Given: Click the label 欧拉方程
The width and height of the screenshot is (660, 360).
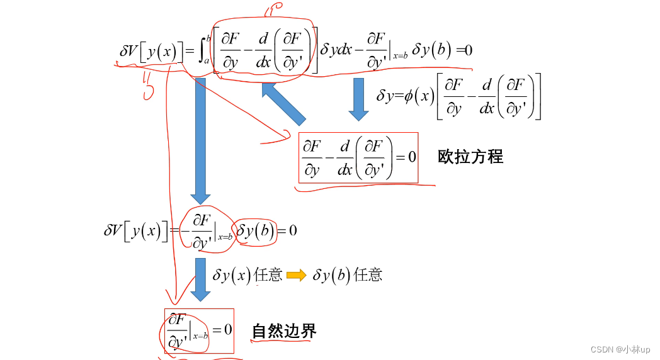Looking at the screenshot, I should [470, 157].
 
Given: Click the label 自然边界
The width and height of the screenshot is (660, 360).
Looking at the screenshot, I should [284, 330].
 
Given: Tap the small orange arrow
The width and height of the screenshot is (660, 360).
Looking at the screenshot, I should [296, 275].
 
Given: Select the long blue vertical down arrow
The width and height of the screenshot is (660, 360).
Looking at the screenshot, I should [200, 139].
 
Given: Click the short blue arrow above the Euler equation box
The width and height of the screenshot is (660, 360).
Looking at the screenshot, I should [358, 98].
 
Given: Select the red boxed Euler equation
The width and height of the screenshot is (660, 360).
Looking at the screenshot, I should [358, 157].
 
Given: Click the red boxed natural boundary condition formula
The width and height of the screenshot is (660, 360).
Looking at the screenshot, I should [199, 330].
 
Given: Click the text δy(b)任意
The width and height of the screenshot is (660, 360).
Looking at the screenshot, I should [347, 275].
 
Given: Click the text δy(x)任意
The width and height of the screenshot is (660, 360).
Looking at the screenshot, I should [247, 275].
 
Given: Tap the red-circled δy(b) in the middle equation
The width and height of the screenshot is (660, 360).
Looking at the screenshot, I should [256, 231].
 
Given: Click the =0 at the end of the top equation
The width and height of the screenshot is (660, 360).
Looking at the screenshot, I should [464, 50].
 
